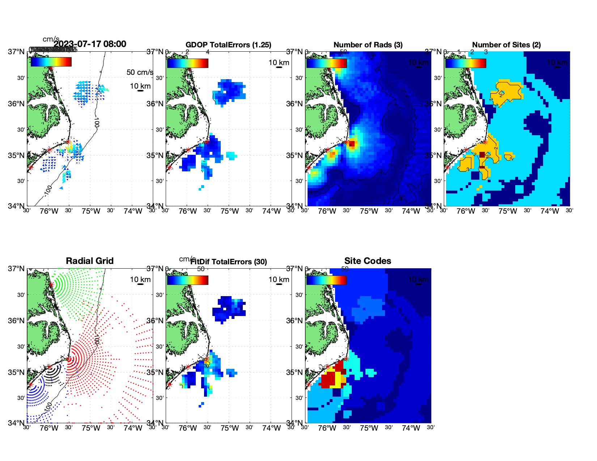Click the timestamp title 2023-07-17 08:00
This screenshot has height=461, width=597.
tap(90, 44)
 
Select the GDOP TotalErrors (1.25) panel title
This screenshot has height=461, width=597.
tap(228, 45)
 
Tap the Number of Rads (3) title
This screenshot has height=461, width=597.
tap(368, 45)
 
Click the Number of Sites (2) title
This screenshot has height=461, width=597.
tap(507, 45)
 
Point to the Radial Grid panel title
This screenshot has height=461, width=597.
tap(90, 261)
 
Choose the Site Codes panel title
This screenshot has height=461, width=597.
tap(368, 261)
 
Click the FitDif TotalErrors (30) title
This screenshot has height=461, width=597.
tap(229, 262)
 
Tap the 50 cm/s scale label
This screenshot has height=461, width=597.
tap(140, 72)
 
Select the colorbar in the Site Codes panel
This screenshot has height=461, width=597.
tap(326, 280)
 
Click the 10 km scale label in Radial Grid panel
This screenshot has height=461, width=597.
tap(140, 279)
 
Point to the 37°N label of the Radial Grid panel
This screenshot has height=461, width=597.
tap(16, 269)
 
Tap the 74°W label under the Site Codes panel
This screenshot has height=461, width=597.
tap(411, 428)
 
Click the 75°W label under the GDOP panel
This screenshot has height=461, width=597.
tap(230, 211)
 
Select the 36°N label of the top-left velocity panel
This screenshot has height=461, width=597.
tap(16, 104)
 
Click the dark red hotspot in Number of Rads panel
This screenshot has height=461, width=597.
tap(351, 144)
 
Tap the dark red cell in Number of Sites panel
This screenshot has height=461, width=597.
tap(482, 155)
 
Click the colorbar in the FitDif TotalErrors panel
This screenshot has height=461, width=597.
tap(187, 280)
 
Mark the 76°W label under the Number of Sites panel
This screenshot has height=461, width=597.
tap(466, 211)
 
